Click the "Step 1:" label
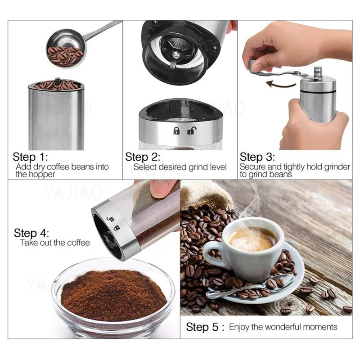[30, 157]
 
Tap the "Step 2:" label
[143, 157]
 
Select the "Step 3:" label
[257, 157]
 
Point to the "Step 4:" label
[31, 233]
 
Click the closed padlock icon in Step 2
[176, 131]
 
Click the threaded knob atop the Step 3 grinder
[318, 73]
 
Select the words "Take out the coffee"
[55, 243]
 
